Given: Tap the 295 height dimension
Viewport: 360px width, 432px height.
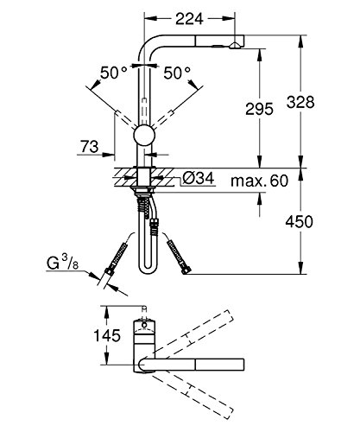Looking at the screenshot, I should point(258,108).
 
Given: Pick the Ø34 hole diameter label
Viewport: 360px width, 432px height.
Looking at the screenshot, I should point(196,180).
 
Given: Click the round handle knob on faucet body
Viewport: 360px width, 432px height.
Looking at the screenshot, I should point(145,136).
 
